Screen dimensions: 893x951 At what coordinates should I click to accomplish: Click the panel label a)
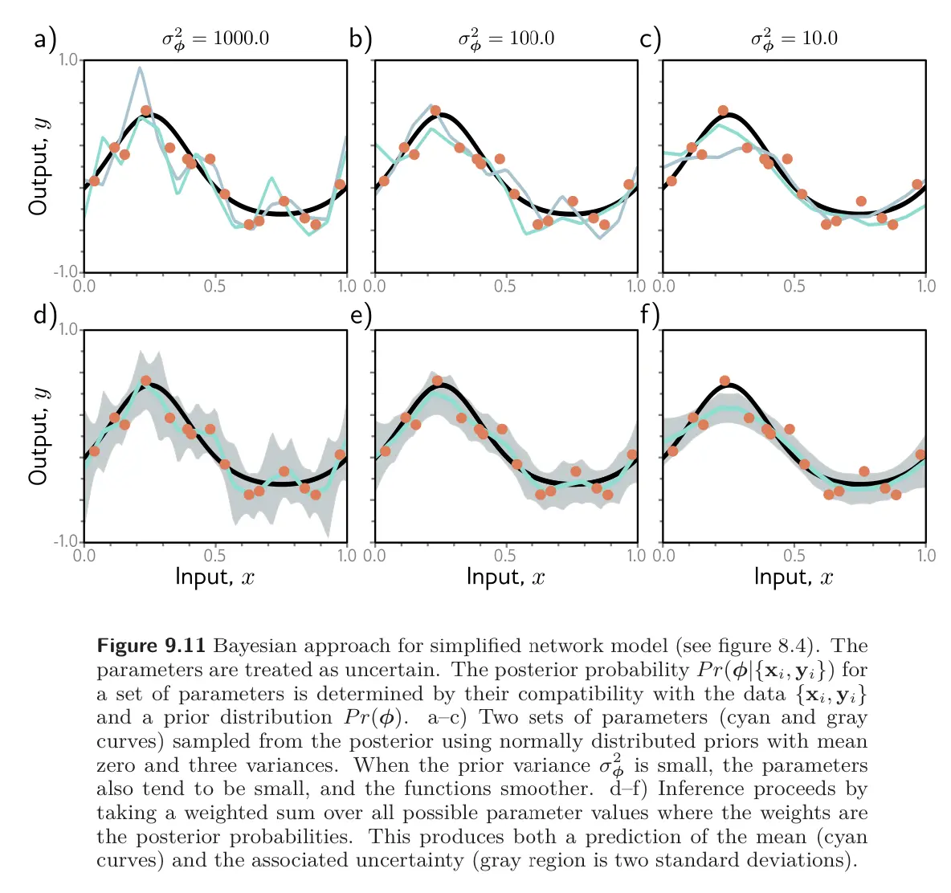coord(45,39)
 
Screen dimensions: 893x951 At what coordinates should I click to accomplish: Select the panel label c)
coord(650,39)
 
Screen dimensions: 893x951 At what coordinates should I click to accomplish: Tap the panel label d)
coord(45,314)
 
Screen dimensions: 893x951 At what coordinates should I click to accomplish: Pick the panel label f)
coord(650,316)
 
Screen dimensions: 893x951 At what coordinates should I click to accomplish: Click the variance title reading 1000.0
coord(215,39)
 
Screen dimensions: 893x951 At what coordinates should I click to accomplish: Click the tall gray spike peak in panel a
coord(140,68)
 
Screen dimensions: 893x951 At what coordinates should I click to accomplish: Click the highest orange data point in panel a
coord(145,111)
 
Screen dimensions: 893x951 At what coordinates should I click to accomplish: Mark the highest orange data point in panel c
coord(723,111)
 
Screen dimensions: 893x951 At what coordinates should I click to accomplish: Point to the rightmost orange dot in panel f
coord(920,455)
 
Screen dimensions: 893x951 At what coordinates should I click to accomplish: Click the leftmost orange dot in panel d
coord(95,451)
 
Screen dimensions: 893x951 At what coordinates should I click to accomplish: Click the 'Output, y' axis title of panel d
coord(39,436)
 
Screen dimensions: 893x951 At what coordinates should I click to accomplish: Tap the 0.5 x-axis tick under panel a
coord(214,286)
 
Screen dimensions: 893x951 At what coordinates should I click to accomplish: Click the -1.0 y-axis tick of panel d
coord(67,541)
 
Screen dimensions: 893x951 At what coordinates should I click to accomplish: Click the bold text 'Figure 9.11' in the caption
coord(151,646)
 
